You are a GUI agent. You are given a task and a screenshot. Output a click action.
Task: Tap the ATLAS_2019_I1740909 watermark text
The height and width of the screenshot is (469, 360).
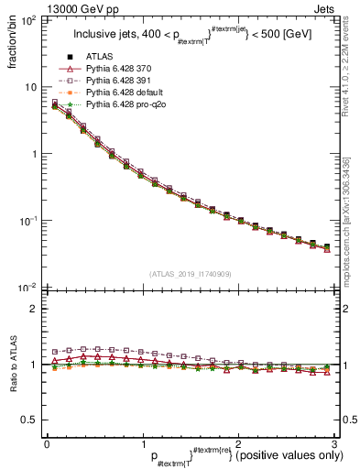click(x=190, y=274)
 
